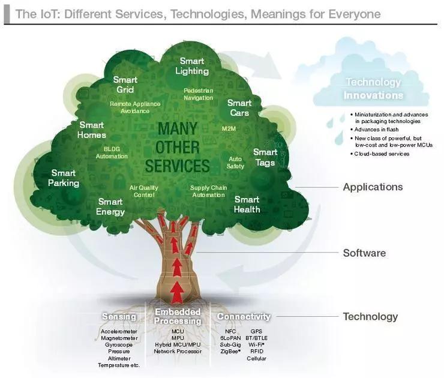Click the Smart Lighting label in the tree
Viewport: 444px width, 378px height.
tap(192, 66)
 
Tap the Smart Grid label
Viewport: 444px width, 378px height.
tap(125, 85)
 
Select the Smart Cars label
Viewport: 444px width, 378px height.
tap(239, 108)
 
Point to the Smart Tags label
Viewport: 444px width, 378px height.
tap(265, 157)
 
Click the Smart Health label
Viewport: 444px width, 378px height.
tap(247, 205)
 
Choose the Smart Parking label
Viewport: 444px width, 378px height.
tap(64, 178)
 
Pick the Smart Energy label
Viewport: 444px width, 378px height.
tap(110, 207)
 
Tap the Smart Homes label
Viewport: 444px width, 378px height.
tap(91, 130)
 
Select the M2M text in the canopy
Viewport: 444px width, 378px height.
tap(229, 129)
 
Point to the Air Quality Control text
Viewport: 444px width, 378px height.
tap(144, 191)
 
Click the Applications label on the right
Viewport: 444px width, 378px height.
tap(373, 187)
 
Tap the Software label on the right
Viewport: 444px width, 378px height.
tap(364, 253)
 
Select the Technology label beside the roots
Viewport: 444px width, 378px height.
tap(370, 317)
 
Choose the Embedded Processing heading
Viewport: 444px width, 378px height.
tap(177, 316)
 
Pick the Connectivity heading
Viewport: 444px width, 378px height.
tap(244, 316)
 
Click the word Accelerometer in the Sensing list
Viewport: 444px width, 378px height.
tap(119, 331)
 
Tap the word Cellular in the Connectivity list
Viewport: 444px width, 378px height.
tap(256, 358)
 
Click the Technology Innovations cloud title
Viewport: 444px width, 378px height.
tap(373, 88)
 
